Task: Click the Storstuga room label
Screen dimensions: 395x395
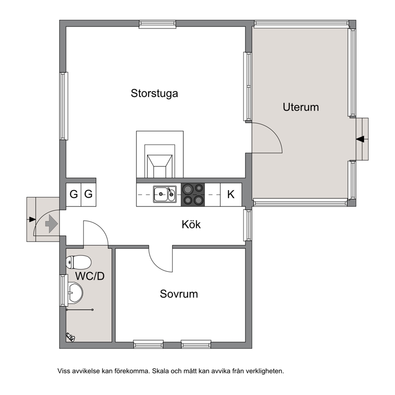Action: pos(154,94)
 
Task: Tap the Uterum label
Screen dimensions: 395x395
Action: pos(301,107)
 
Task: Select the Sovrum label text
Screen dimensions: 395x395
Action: pos(179,294)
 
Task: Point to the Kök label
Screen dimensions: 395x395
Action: pos(191,224)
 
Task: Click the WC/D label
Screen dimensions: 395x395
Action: pos(90,276)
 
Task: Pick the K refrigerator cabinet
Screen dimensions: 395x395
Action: pos(231,195)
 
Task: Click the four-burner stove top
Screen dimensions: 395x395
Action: pos(193,195)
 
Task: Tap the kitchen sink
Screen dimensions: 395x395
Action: pos(165,194)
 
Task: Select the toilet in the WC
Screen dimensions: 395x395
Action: pos(78,262)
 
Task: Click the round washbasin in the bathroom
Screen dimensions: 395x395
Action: pos(75,292)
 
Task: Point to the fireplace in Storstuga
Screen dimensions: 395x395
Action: pos(160,154)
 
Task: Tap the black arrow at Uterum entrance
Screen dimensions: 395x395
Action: pos(360,139)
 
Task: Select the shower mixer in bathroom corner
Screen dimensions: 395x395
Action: pos(70,337)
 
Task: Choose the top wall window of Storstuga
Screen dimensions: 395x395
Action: pos(157,24)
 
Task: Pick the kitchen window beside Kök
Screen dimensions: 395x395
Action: pos(248,225)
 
